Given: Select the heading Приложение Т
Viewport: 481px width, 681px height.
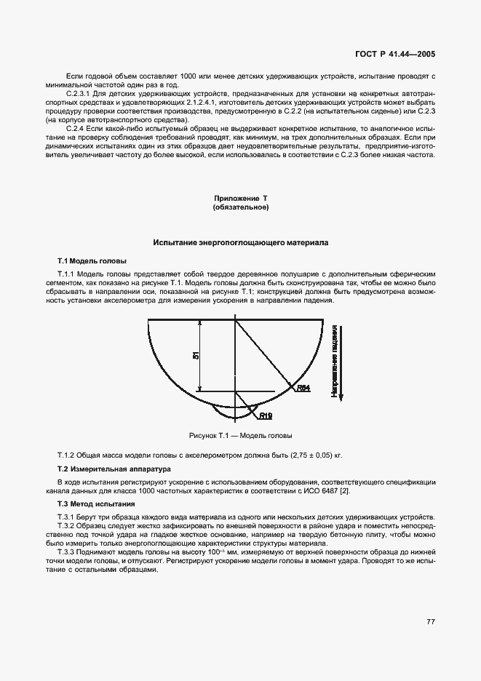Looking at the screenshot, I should pos(240,199).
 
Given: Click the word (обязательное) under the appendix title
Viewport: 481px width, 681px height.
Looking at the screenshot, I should pos(240,207).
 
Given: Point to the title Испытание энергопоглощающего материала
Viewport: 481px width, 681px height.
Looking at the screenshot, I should pos(240,242).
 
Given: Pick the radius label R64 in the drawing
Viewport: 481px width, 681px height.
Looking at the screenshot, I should pos(303,389).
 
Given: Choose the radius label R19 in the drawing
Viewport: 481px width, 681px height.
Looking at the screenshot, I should pos(266,416).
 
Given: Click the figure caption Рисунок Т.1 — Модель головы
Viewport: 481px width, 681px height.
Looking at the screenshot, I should pos(240,436).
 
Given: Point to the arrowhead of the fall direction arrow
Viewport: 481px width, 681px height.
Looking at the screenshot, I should pos(341,402).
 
